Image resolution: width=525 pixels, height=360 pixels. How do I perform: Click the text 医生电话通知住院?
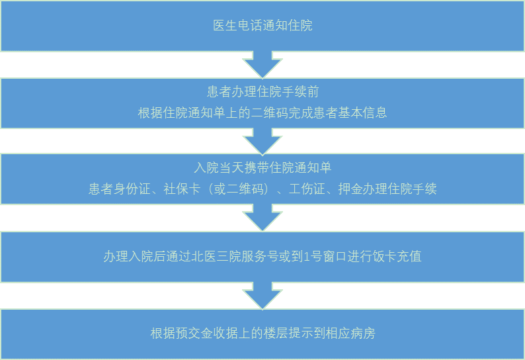pos(262,26)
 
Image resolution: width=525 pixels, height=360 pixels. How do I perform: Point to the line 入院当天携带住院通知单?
pos(262,167)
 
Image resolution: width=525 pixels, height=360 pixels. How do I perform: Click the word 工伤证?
pos(305,189)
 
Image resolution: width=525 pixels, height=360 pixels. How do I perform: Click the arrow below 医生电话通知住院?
pos(262,65)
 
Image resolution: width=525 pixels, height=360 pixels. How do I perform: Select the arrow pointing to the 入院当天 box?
pos(262,141)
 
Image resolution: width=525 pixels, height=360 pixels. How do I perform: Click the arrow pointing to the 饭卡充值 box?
pos(262,218)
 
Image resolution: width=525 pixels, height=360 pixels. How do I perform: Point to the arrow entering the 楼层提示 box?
pos(262,296)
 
